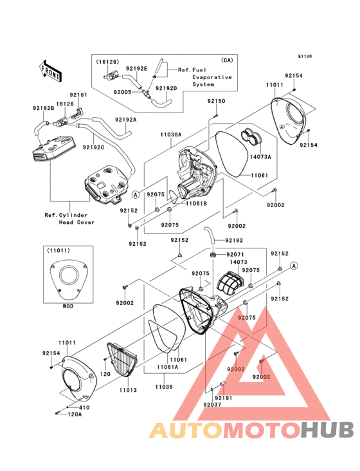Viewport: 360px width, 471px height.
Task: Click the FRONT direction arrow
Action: pos(50,71)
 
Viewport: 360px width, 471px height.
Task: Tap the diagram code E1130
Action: pos(305,56)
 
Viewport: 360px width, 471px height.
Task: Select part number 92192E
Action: pos(136,68)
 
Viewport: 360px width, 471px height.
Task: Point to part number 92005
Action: pos(122,92)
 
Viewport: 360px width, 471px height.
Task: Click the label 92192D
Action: pos(166,88)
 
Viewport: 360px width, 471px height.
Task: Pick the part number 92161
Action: pos(78,95)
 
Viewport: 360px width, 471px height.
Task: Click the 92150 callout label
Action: pos(216,101)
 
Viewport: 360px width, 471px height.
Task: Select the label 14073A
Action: pos(260,156)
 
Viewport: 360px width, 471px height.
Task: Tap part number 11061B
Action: pos(196,203)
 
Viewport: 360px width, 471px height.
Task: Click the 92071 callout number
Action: pos(235,255)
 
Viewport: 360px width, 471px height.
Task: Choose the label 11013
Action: pos(128,390)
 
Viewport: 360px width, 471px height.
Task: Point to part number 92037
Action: pos(212,405)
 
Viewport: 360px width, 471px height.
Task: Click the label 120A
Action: pos(75,414)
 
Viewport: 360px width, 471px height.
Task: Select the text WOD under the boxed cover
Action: pos(67,306)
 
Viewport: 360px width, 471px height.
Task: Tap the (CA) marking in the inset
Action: pos(227,60)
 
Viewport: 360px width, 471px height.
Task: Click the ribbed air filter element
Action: pos(122,359)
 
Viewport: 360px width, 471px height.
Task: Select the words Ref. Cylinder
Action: pos(66,215)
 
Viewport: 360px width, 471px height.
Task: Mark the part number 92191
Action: pos(224,398)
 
